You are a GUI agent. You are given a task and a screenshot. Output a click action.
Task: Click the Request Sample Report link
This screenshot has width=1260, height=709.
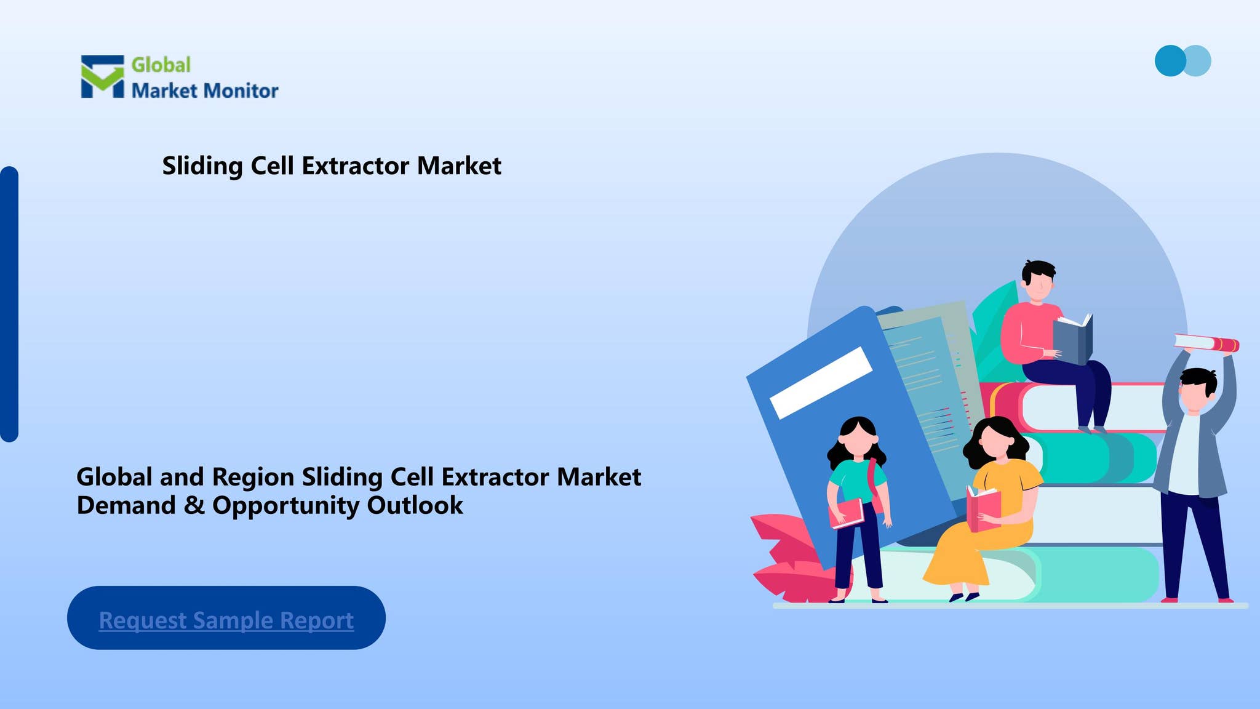(226, 620)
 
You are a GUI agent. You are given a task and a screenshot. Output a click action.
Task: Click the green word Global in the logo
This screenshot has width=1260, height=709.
(161, 65)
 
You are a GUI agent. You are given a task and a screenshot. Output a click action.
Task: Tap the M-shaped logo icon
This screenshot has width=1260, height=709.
(102, 76)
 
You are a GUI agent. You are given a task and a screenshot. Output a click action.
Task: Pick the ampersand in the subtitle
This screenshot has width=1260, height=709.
(194, 506)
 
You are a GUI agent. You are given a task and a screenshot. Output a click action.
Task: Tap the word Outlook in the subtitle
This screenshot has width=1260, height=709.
(415, 506)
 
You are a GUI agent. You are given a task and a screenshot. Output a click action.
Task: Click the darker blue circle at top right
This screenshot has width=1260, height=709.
(1169, 61)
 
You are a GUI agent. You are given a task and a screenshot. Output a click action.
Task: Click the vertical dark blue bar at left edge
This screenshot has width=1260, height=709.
(9, 304)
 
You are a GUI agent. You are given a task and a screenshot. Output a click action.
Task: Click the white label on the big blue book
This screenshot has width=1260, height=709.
(821, 383)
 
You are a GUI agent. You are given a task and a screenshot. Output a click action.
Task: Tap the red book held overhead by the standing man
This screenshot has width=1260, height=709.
(1206, 343)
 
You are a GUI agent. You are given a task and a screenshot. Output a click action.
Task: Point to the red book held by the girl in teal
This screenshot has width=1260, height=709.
(847, 513)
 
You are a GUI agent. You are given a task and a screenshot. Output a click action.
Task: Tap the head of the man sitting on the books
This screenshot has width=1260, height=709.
(1039, 281)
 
